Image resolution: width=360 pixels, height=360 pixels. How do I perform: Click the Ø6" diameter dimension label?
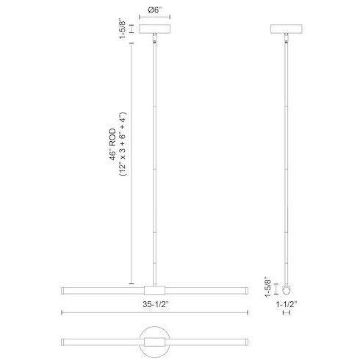pyautogui.click(x=154, y=10)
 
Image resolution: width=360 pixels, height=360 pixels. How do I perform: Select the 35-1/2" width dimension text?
pyautogui.click(x=154, y=302)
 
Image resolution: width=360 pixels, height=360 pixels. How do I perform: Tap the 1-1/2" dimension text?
pyautogui.click(x=287, y=302)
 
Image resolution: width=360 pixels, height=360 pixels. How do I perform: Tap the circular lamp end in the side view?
pyautogui.click(x=287, y=289)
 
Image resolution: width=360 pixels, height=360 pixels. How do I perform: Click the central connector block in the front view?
pyautogui.click(x=154, y=289)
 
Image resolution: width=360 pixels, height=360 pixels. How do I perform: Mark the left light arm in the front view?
pyautogui.click(x=102, y=289)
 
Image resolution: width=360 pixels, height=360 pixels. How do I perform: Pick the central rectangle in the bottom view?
pyautogui.click(x=154, y=342)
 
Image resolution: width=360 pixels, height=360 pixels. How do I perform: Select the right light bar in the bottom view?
pyautogui.click(x=209, y=342)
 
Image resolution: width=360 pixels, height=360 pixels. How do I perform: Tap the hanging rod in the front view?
pyautogui.click(x=154, y=162)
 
